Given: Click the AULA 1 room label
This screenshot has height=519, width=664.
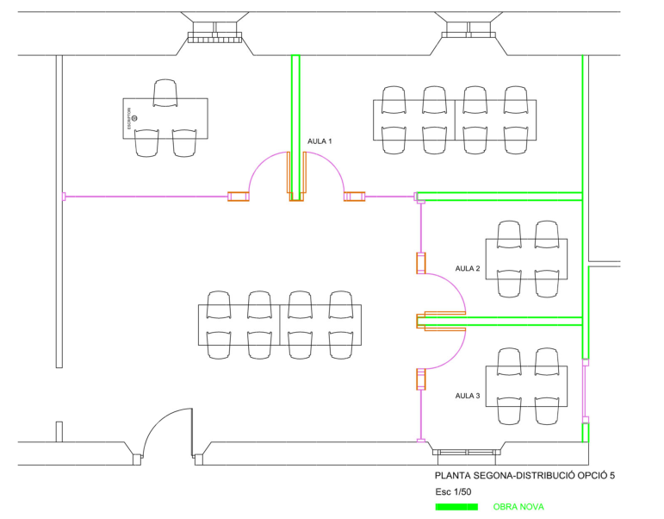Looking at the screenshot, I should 320,141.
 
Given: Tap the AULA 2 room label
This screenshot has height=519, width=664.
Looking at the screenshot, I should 467,269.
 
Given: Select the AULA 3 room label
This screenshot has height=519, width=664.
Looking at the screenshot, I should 467,397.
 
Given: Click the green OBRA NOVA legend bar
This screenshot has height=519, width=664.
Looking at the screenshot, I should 456,506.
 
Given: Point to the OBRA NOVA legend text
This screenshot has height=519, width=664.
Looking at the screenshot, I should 518,507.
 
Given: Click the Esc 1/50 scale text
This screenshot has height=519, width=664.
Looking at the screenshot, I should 454,491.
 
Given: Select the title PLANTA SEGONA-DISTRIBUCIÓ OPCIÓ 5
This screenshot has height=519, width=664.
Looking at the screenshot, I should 525,475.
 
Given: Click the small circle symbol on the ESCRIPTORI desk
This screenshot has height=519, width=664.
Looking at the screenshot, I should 134,118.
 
